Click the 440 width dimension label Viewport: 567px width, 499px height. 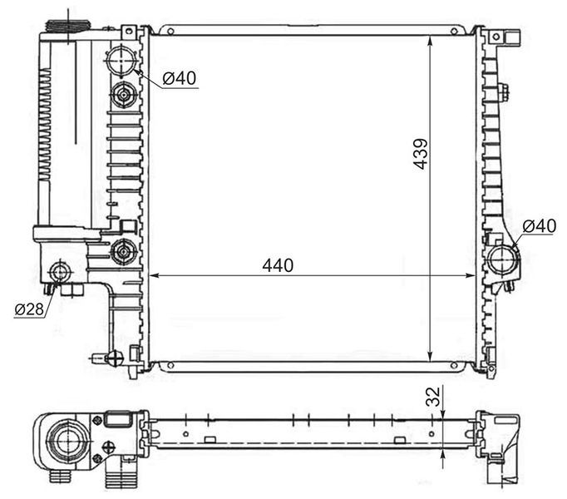click(278, 265)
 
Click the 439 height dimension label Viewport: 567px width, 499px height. click(421, 154)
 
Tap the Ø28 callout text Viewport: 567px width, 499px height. click(29, 309)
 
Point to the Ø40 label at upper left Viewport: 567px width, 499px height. click(179, 78)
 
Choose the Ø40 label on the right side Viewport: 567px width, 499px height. click(540, 226)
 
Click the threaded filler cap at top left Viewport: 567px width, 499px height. click(67, 27)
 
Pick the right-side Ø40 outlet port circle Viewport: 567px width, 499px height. click(503, 259)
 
